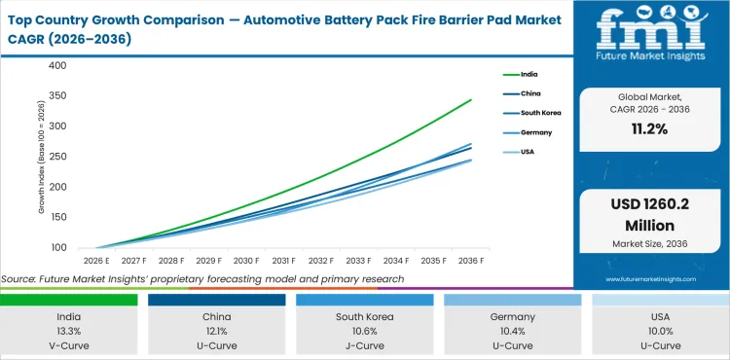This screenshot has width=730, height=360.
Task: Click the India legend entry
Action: tap(523, 74)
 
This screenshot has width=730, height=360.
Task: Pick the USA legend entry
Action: tap(522, 152)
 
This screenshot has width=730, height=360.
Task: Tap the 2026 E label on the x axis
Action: tap(95, 261)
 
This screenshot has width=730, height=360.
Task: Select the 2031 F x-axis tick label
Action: tap(283, 261)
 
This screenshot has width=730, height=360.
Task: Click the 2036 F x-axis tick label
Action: tap(472, 261)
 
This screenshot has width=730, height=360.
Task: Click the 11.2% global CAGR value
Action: tap(650, 129)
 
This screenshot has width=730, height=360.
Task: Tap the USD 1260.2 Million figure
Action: tap(650, 215)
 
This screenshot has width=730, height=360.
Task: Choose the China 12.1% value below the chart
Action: tap(219, 332)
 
